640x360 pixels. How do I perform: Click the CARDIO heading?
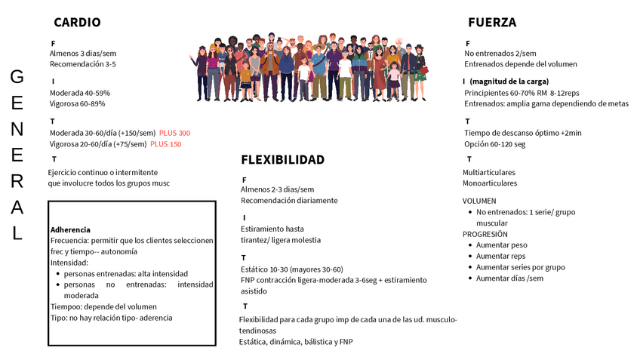pos(77,23)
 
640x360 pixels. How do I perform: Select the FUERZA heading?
pos(492,23)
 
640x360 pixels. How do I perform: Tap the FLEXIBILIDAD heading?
pos(282,160)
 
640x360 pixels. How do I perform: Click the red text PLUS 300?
pos(174,133)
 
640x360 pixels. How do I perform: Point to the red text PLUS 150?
pos(165,144)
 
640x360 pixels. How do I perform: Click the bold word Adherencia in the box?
pos(70,229)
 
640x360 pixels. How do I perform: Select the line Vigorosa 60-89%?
pos(77,104)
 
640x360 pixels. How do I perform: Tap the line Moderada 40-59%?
pos(79,93)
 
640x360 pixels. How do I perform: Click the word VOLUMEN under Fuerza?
pos(479,201)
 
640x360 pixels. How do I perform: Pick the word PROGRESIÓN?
pos(485,234)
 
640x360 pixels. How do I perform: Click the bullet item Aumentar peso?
pos(501,245)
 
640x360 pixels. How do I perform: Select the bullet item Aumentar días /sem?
pos(509,278)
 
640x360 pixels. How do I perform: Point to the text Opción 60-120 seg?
pos(494,144)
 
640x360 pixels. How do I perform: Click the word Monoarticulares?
pos(490,183)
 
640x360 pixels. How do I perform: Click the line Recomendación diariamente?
pos(289,201)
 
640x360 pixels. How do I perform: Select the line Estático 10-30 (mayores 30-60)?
pos(291,269)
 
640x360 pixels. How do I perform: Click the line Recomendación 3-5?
pos(82,64)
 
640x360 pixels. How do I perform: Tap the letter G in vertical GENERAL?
pos(17,76)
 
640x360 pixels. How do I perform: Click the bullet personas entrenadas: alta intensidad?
pos(125,273)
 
